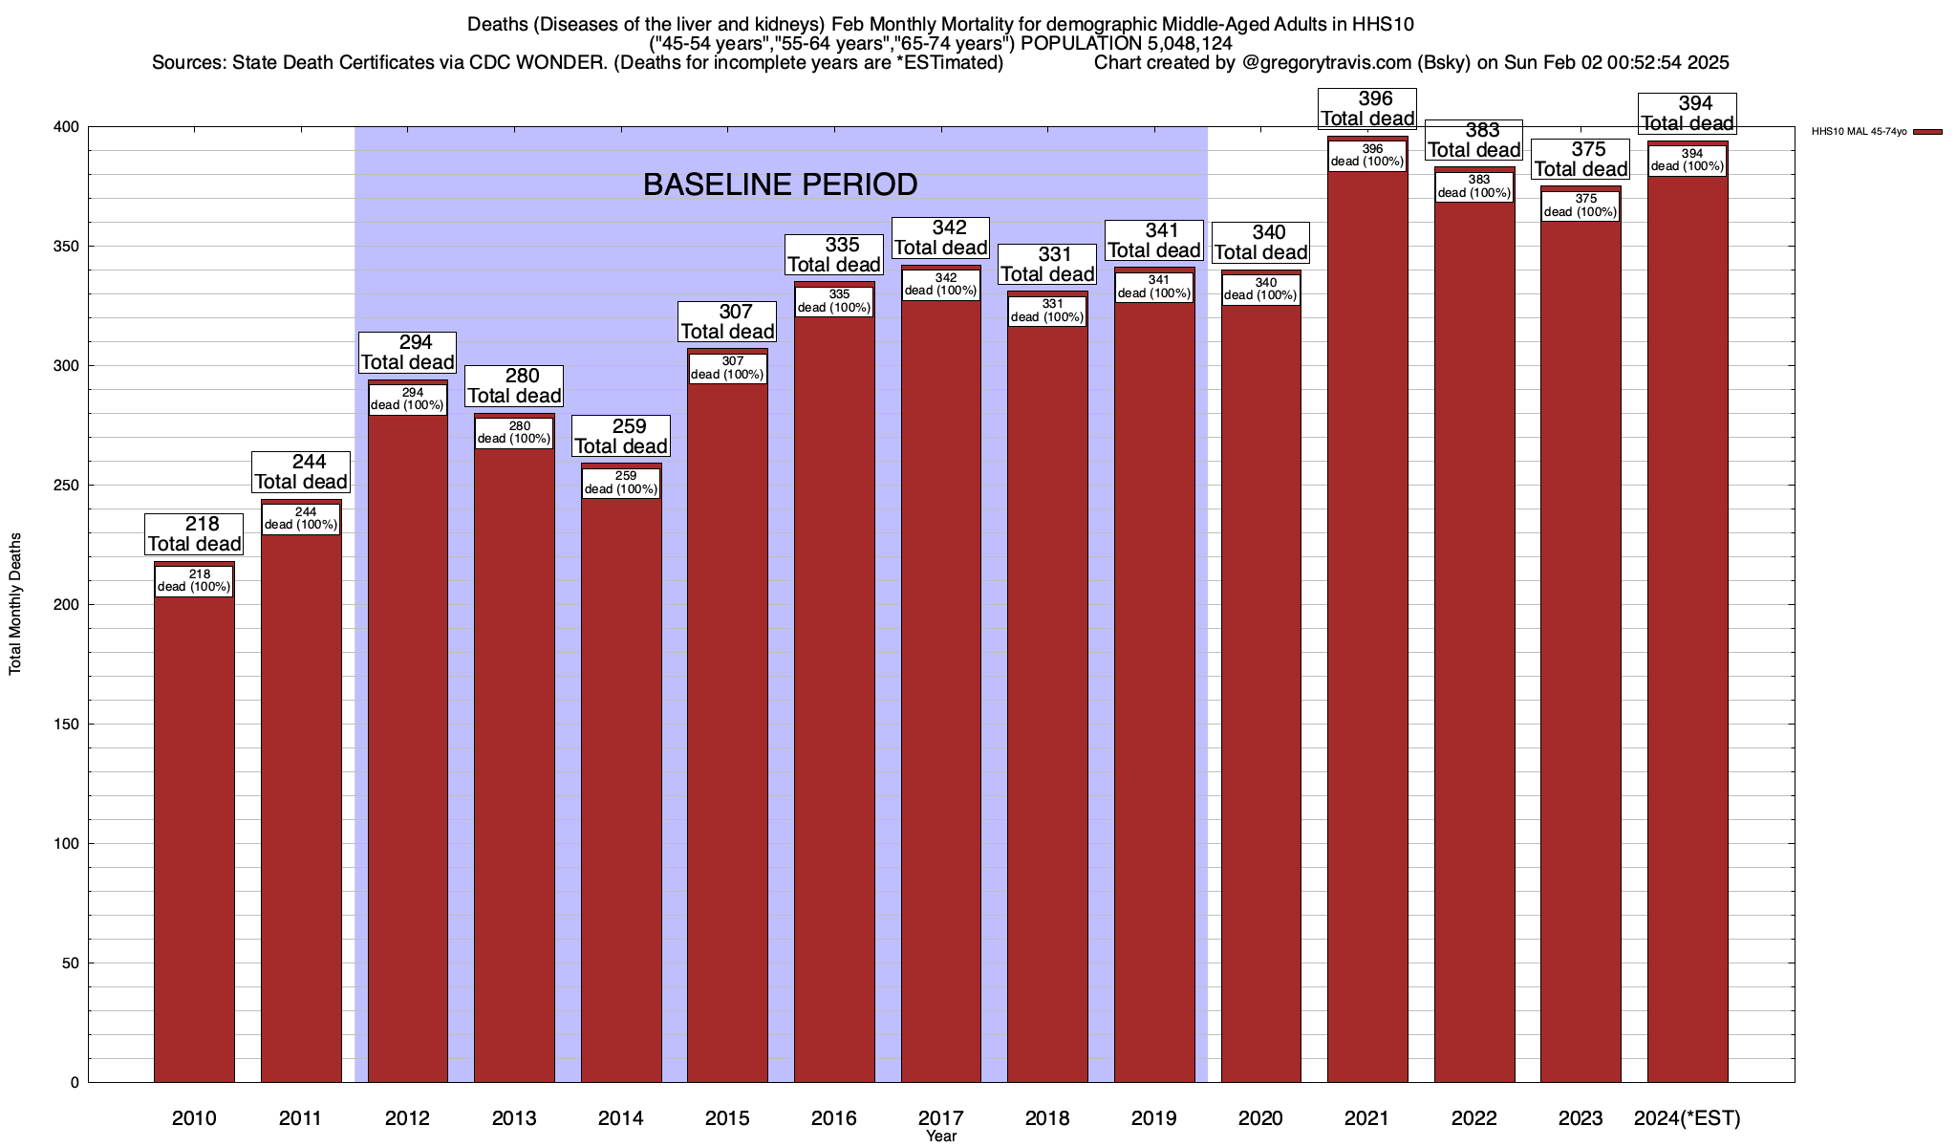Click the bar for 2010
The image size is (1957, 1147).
coord(194,841)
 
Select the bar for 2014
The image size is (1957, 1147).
coord(621,793)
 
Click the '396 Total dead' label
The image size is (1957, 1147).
coord(1367,109)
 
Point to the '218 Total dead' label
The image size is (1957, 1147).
coord(194,534)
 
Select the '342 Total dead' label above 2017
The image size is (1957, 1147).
coord(941,238)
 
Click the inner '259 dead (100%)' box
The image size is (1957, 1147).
coord(621,483)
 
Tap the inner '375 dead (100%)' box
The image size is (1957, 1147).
coord(1581,206)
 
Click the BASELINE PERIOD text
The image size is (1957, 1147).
coord(780,184)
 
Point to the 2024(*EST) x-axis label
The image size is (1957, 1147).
coord(1688,1118)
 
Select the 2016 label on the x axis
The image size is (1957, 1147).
coord(834,1118)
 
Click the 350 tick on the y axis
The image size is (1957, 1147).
coord(67,247)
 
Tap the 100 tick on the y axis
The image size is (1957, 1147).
coord(67,844)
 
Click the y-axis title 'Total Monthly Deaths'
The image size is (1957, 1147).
coord(15,604)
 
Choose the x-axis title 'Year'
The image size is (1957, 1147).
coord(941,1136)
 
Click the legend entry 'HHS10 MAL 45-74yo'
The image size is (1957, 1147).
coord(1859,132)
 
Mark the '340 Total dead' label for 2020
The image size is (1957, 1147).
coord(1261,243)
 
